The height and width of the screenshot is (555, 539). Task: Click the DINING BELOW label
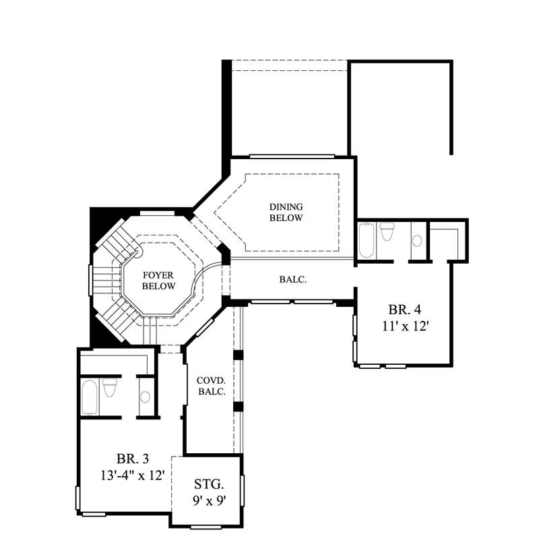point(286,212)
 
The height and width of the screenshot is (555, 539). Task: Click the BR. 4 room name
point(404,310)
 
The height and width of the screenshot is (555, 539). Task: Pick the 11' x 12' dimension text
point(404,326)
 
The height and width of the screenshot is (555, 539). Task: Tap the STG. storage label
point(208,484)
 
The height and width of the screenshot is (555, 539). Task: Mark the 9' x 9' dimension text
point(208,501)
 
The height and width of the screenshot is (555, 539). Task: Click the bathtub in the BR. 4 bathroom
point(366,241)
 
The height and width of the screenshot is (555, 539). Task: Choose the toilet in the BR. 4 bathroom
point(387,233)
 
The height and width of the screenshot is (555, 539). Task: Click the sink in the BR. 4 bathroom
point(417,240)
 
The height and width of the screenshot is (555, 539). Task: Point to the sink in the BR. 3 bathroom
point(145,397)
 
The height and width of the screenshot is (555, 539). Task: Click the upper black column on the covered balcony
point(238,355)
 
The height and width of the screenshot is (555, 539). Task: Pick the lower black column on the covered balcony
point(238,407)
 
